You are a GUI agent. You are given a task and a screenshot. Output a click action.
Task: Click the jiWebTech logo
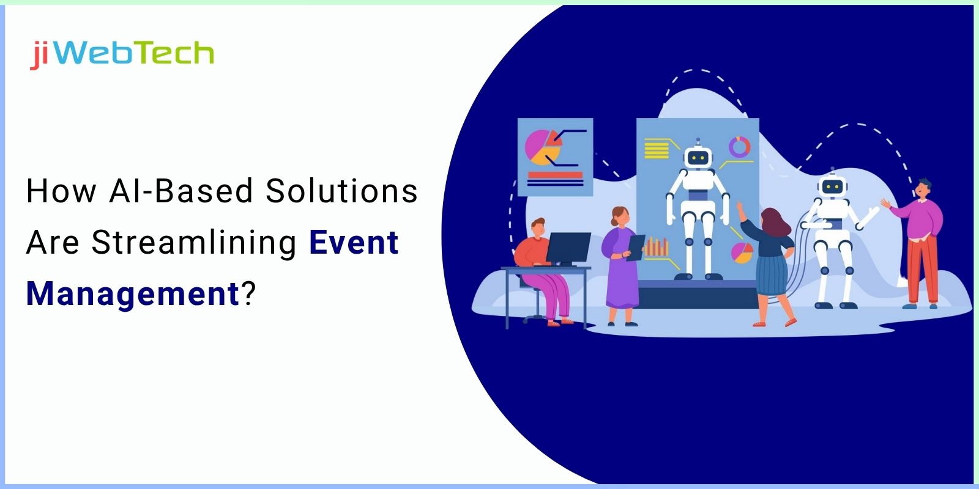(122, 54)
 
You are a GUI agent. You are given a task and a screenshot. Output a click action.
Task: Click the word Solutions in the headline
(341, 191)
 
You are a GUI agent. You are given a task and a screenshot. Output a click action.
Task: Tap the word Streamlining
(195, 243)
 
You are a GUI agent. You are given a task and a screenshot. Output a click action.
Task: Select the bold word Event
(354, 243)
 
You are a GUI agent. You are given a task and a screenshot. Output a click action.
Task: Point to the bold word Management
(132, 294)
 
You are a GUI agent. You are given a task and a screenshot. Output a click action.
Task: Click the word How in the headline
(61, 191)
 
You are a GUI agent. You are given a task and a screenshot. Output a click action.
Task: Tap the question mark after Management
(247, 294)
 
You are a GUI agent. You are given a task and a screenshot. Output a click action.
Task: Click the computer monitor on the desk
(568, 247)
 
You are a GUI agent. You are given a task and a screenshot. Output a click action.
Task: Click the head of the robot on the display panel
(697, 157)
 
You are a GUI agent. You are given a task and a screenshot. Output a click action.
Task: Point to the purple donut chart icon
(739, 147)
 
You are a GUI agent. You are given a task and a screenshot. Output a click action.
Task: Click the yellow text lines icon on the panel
(657, 149)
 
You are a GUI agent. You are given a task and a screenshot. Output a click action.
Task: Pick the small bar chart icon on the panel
(657, 246)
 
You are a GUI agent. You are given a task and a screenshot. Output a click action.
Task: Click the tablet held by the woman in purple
(636, 246)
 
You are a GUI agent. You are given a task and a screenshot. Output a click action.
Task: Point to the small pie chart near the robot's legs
(742, 252)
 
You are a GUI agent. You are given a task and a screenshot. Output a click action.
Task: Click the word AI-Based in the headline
(181, 191)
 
